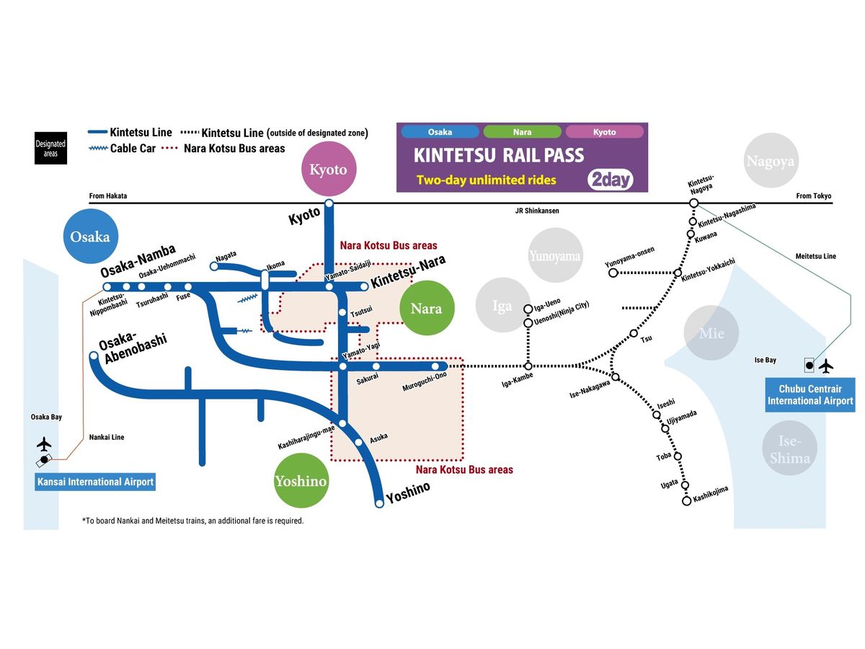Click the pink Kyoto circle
(x=328, y=170)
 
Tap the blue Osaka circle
(x=91, y=236)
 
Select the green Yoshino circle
(x=301, y=481)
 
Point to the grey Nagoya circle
(x=770, y=162)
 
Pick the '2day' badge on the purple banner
(x=611, y=179)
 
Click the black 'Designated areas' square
(x=50, y=148)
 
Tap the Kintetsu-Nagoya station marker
(x=693, y=203)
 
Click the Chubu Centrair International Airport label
(x=810, y=395)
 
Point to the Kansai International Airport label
(x=95, y=482)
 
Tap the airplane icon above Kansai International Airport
(x=44, y=442)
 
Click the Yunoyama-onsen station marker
(x=613, y=273)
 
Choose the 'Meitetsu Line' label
(x=816, y=256)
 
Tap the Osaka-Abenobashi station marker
(x=93, y=356)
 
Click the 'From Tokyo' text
(x=814, y=196)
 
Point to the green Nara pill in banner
(x=522, y=132)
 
